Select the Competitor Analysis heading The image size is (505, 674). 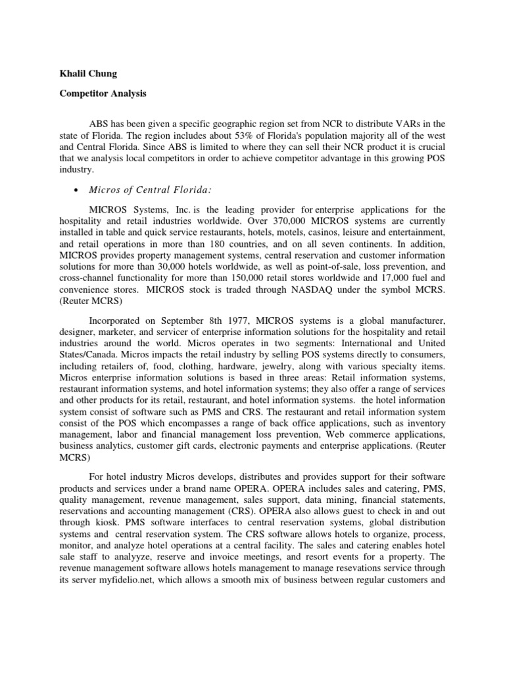tap(102, 93)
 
